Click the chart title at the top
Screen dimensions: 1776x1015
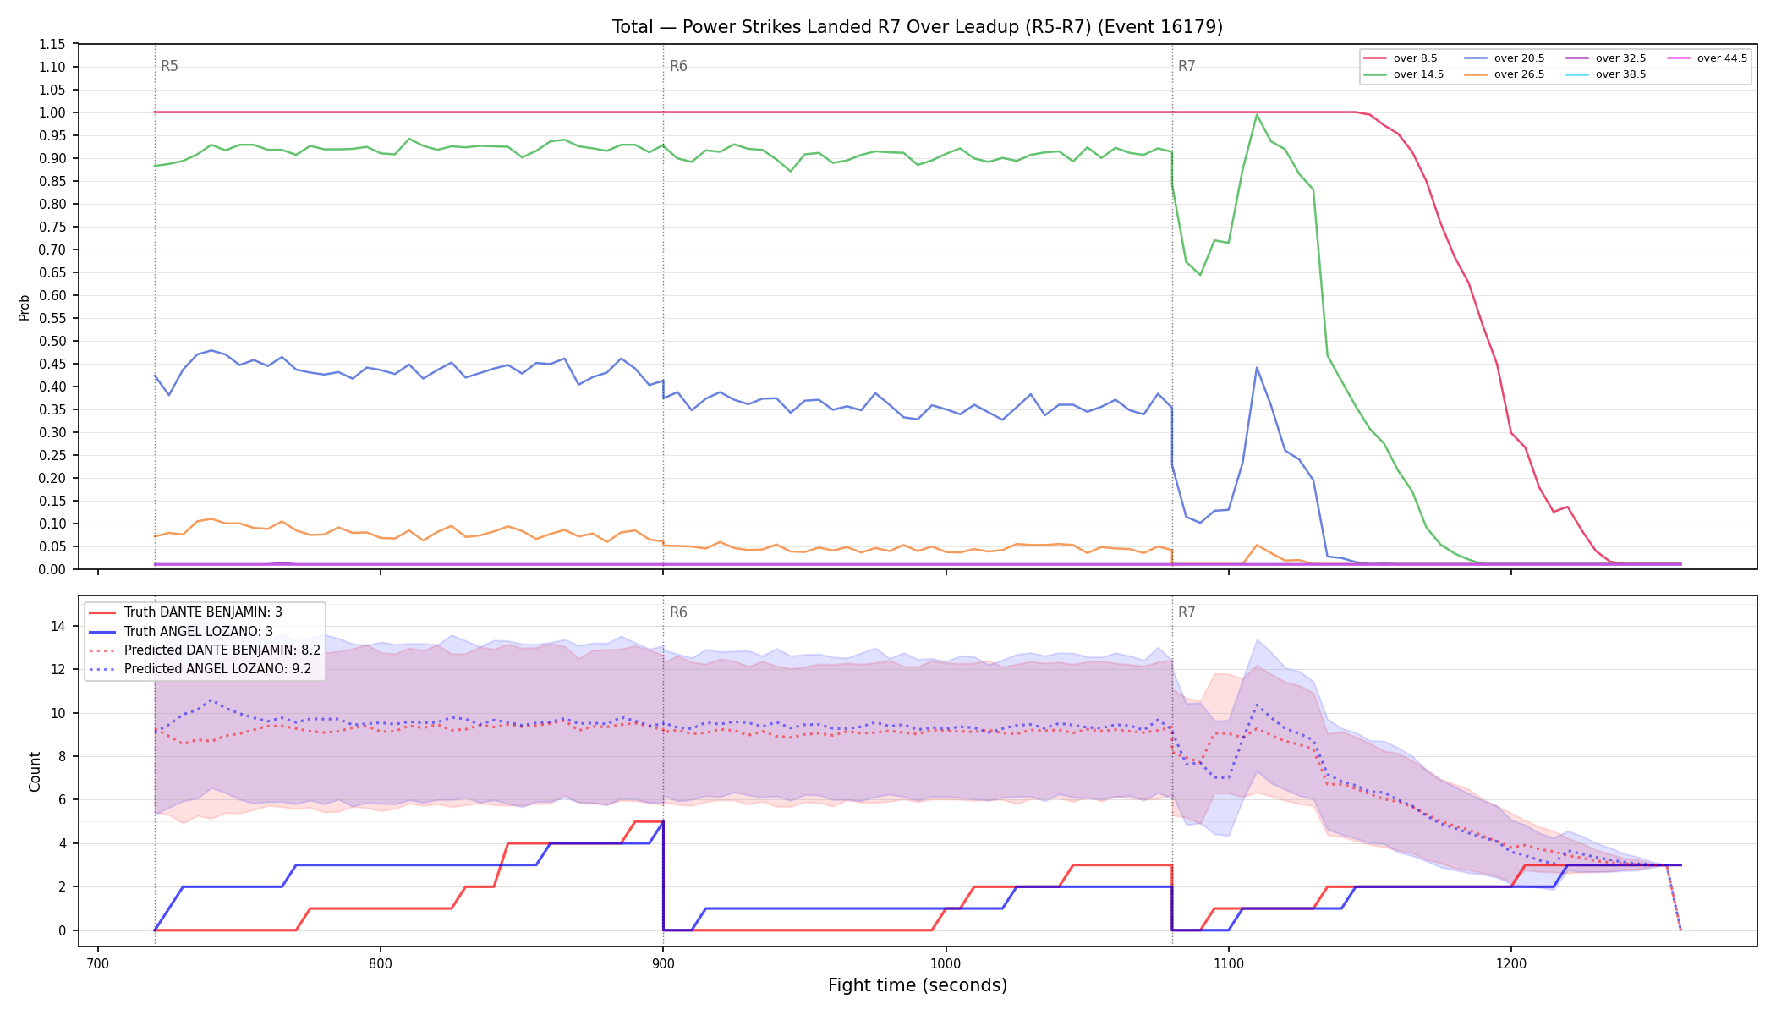918,27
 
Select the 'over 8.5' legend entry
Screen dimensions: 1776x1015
1401,58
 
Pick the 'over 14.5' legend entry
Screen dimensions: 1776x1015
1404,74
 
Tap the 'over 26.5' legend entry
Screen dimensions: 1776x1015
1505,74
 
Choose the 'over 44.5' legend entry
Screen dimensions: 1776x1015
1707,58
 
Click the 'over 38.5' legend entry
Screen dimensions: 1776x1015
1606,74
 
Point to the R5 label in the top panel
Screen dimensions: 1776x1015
169,66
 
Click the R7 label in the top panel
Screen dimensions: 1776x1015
1187,66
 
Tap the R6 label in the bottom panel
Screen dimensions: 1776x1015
678,612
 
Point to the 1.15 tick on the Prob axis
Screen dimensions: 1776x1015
52,44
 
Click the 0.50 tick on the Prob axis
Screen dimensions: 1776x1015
52,341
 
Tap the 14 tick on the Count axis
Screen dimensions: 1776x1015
58,626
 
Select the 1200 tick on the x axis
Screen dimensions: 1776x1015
1511,963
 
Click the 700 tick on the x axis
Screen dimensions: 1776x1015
98,963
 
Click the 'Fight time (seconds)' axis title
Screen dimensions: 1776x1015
918,985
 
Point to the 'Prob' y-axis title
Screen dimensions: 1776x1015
24,307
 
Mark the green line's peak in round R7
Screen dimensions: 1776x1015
1257,114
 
